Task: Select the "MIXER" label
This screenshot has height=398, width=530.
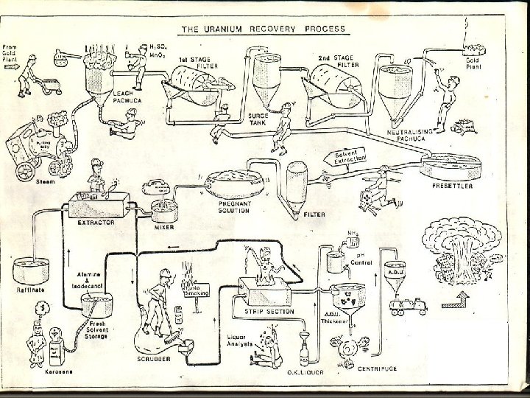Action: pos(163,228)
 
